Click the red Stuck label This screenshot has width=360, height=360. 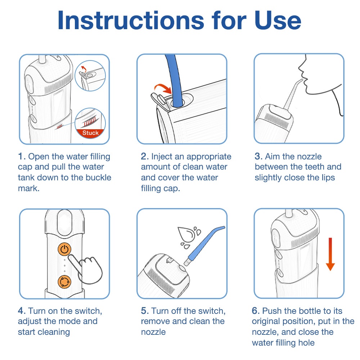(x=90, y=133)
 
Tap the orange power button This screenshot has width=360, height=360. (x=64, y=249)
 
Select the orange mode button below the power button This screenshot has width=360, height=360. (x=64, y=282)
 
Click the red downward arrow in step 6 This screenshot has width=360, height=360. (x=330, y=254)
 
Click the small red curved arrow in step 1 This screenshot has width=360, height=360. (x=84, y=68)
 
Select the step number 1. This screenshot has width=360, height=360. (x=22, y=157)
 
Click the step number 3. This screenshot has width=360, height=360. (x=258, y=157)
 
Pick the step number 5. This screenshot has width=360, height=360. (x=145, y=311)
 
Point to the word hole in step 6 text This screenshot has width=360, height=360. (x=306, y=343)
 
